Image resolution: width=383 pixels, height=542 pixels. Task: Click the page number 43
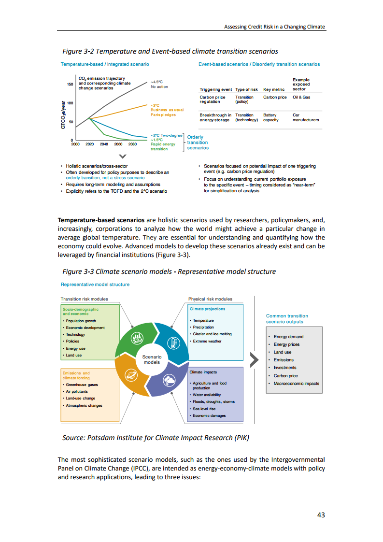tap(321, 515)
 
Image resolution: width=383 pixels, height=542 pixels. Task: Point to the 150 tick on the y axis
tap(70, 84)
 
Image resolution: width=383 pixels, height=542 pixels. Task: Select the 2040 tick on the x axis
tap(104, 144)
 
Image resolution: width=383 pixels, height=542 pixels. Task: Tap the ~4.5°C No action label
tap(159, 85)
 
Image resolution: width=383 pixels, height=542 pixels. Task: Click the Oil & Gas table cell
tap(301, 97)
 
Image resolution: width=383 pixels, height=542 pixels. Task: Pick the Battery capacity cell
tap(270, 117)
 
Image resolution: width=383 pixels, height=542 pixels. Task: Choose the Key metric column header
tap(274, 89)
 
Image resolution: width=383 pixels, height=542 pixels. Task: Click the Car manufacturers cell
tap(306, 117)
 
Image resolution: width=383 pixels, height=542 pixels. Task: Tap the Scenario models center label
tap(152, 359)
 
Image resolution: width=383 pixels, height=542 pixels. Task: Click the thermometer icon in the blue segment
tap(172, 342)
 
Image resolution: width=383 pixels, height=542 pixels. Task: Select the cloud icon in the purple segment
tap(170, 380)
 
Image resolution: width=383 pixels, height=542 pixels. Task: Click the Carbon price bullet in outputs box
tap(285, 376)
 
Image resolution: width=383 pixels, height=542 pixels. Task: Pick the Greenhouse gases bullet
tap(82, 385)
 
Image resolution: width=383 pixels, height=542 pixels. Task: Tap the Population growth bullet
tap(81, 321)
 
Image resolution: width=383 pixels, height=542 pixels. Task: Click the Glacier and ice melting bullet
tap(212, 334)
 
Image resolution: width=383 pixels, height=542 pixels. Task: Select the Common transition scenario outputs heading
tap(287, 319)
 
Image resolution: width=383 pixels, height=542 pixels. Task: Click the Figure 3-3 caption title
tap(169, 271)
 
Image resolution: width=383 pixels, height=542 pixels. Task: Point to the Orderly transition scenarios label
tap(198, 143)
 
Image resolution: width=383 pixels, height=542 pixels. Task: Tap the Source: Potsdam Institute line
tap(156, 438)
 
